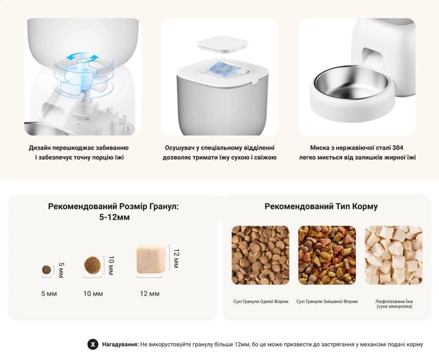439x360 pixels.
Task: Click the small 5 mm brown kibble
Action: point(46,270)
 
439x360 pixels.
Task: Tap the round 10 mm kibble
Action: point(93,265)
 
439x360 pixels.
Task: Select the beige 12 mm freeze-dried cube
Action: point(151,259)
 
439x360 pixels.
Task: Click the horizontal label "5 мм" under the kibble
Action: point(49,294)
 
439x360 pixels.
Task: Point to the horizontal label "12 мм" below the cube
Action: point(149,294)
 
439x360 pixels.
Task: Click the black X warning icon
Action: point(93,344)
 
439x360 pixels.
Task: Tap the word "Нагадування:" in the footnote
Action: point(120,344)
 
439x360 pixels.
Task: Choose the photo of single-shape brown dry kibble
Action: point(260,255)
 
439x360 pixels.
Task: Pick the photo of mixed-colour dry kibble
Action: point(327,255)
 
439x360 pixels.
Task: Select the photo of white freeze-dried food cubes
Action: point(394,255)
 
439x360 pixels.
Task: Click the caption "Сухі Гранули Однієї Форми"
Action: point(261,301)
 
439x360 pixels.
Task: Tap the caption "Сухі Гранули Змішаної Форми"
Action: point(327,301)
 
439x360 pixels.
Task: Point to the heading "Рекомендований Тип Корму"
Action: point(321,206)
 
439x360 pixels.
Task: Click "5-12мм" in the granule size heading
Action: point(114,217)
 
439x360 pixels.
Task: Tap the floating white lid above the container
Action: point(223,45)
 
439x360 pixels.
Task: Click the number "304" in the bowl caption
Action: point(398,148)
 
